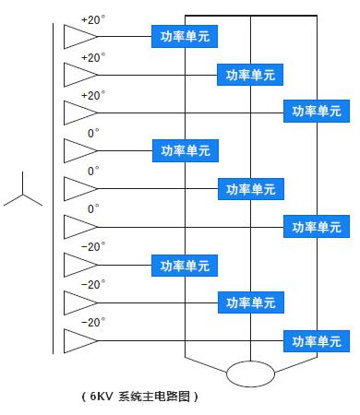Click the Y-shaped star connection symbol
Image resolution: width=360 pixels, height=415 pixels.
(23, 195)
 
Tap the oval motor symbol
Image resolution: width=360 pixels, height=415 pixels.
(250, 373)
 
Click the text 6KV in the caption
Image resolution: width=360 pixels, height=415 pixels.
(102, 397)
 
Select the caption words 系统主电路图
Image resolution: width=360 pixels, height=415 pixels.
(154, 397)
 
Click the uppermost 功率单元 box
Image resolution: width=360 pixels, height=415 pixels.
(185, 37)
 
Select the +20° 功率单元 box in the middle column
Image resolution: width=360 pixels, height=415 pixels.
(250, 75)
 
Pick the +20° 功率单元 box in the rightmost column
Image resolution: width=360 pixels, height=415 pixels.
(317, 111)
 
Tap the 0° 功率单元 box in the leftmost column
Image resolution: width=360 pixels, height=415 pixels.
(186, 150)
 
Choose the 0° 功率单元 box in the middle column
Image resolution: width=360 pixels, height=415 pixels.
(251, 189)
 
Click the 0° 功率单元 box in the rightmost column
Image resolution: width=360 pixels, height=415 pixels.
(317, 227)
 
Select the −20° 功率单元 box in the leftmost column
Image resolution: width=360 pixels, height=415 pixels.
(185, 266)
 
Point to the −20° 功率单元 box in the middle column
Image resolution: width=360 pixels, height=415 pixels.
(251, 302)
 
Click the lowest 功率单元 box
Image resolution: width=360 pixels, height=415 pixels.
(317, 341)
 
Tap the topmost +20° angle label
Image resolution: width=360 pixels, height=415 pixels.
(93, 20)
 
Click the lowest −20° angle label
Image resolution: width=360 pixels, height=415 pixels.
(93, 323)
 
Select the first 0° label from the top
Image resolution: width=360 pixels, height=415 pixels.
(93, 134)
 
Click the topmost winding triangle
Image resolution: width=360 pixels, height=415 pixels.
(80, 37)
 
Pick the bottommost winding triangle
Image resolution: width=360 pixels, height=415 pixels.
(80, 341)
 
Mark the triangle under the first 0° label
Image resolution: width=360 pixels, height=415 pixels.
(80, 151)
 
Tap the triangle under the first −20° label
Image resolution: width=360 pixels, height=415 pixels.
(80, 265)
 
